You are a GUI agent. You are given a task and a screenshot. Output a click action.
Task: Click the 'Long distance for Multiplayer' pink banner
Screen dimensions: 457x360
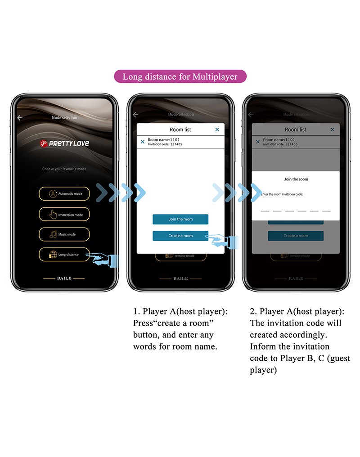(180, 76)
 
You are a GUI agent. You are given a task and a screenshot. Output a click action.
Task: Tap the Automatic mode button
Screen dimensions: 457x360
(64, 194)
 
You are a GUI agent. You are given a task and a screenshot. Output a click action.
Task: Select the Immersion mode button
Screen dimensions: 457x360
(64, 215)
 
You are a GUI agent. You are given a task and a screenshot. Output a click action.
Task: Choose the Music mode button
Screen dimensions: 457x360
(64, 234)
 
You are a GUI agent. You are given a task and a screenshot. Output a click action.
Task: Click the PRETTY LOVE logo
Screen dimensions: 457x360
(64, 143)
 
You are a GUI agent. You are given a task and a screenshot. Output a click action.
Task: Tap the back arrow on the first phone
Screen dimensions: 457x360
(19, 118)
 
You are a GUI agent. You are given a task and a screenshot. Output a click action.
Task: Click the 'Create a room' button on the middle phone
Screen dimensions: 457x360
(180, 236)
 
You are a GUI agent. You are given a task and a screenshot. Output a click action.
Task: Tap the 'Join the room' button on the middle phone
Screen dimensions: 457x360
(180, 219)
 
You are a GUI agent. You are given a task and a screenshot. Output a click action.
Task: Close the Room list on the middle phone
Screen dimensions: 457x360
(217, 130)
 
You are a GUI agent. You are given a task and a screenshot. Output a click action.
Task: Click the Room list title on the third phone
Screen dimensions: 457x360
(296, 130)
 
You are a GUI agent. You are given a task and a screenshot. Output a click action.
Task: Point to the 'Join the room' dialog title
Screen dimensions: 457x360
(296, 179)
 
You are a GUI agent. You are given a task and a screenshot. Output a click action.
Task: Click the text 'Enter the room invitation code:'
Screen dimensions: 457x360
(282, 194)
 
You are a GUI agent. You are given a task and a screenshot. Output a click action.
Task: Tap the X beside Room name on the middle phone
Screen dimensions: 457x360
(143, 142)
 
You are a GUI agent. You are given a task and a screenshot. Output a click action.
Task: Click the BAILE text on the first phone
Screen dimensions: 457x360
(64, 278)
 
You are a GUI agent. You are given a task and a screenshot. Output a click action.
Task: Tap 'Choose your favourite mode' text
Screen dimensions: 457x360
(64, 169)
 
